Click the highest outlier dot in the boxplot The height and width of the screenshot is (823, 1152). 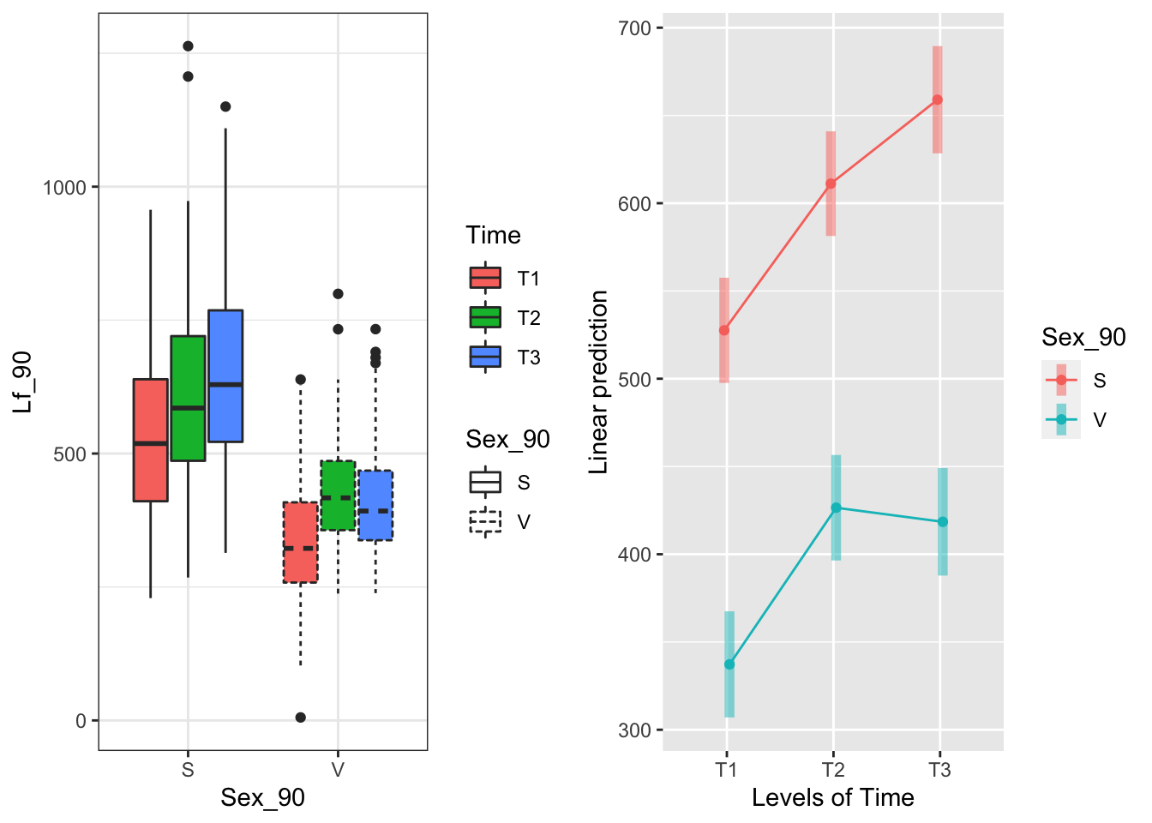(x=188, y=46)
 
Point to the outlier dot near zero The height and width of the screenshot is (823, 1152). (x=300, y=718)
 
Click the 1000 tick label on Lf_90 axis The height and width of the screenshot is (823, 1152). (x=65, y=188)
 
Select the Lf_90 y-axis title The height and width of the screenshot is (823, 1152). (x=23, y=382)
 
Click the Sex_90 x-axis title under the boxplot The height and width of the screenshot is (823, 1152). (x=262, y=798)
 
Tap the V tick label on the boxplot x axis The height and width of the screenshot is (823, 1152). (x=338, y=770)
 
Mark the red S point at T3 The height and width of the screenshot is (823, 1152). (x=938, y=99)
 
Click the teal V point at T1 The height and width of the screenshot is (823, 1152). (x=729, y=664)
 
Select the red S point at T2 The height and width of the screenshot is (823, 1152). (x=831, y=183)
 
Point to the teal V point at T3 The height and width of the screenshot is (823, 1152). (x=942, y=522)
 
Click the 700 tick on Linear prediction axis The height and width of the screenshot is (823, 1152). (x=634, y=28)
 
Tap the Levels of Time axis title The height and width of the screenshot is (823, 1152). (x=832, y=798)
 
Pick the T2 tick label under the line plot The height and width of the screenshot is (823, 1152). (x=832, y=770)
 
